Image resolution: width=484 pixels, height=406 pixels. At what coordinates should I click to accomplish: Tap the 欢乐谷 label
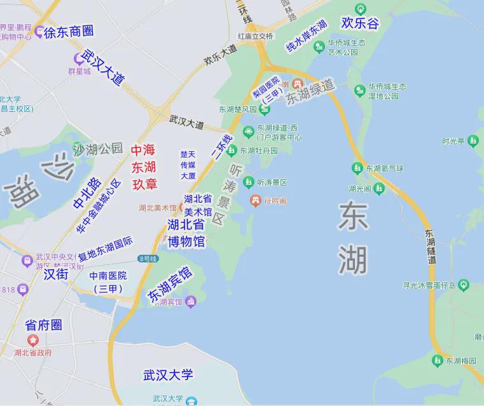pos(360,24)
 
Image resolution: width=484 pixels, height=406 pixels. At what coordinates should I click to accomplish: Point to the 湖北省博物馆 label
pos(186,233)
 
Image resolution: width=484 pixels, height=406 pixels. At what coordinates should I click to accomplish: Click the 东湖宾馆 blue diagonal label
pos(170,284)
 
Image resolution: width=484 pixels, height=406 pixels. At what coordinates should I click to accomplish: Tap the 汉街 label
pos(56,274)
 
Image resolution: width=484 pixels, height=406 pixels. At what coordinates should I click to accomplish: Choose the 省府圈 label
pos(43,325)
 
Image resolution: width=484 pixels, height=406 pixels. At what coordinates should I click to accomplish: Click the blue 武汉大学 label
pos(167,375)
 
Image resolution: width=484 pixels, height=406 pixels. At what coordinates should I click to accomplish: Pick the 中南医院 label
pos(107,281)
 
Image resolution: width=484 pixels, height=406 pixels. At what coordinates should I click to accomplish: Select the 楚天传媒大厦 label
pos(188,165)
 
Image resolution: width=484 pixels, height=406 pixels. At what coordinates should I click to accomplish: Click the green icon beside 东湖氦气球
pos(357,168)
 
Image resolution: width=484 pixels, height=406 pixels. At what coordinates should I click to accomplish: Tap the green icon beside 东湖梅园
pos(437,361)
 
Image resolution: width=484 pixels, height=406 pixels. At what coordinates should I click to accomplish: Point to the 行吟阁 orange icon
pos(255,201)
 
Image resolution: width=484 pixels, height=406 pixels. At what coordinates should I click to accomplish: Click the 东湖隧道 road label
pos(431,247)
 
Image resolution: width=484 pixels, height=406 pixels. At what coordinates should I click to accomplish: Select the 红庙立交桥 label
pos(255,37)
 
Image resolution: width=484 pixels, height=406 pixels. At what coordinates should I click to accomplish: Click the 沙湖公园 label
pos(98,149)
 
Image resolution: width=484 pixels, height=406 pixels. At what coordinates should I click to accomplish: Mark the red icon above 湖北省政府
pos(33,341)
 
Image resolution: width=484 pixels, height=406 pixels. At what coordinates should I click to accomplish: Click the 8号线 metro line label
pos(148,259)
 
